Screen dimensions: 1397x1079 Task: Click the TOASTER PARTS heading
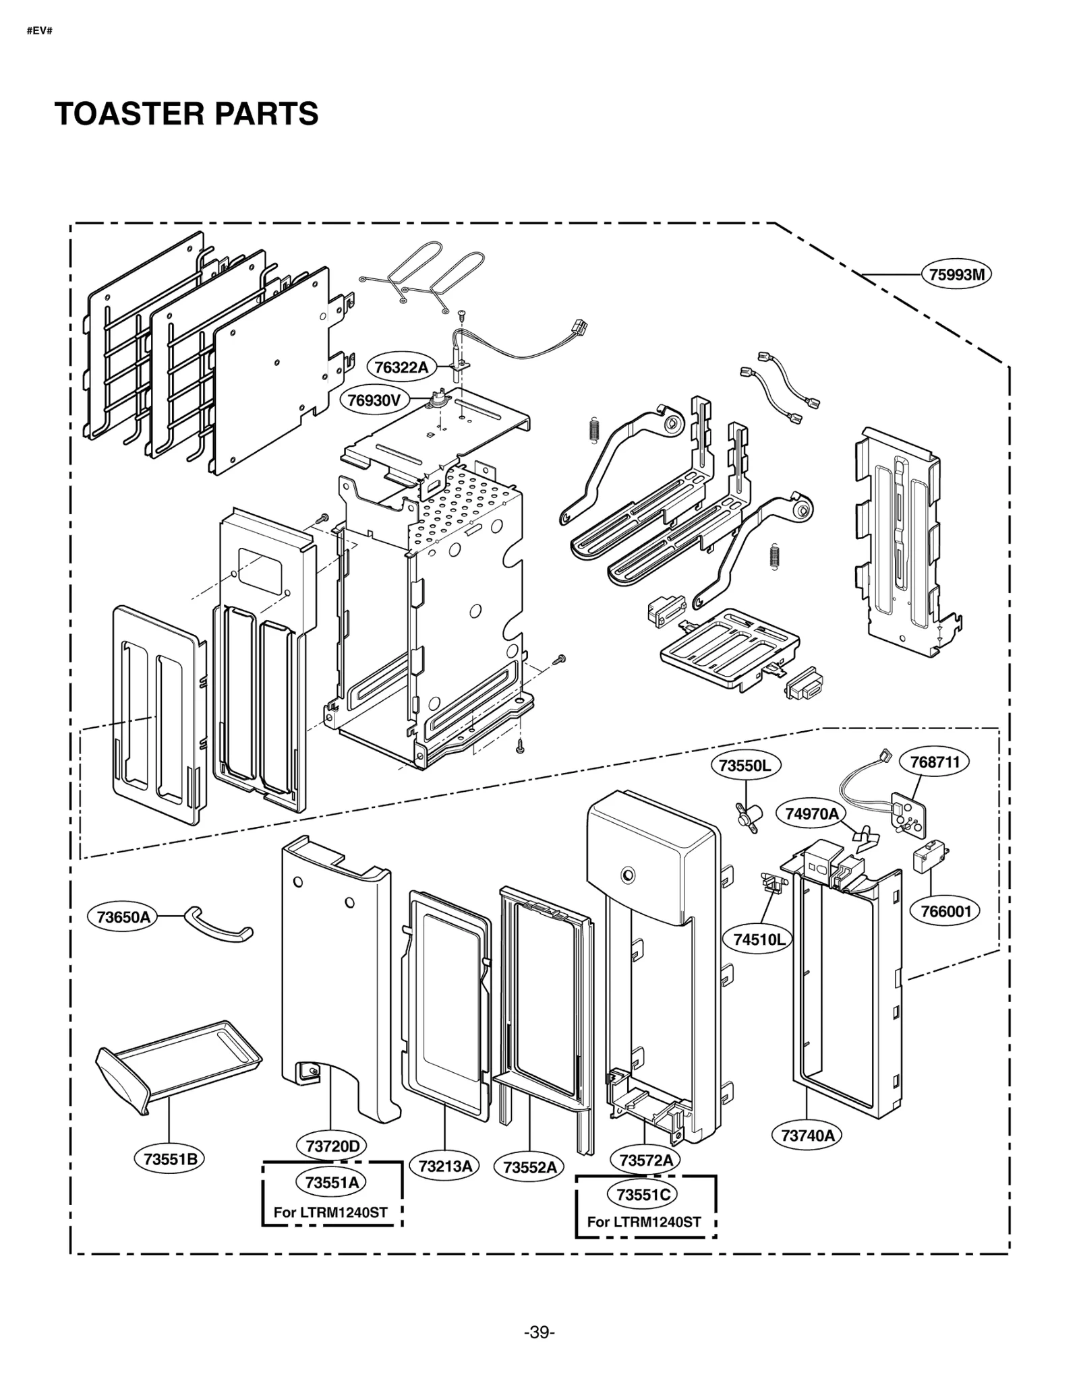(186, 113)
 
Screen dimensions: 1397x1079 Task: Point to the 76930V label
(374, 400)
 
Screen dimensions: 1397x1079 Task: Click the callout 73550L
(745, 766)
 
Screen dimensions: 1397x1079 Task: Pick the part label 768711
(934, 762)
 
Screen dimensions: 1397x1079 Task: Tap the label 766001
(945, 911)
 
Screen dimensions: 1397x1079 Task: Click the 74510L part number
(759, 939)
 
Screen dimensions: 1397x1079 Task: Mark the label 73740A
(807, 1136)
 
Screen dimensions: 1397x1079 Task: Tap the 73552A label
(529, 1167)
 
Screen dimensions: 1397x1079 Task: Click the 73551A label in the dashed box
(330, 1183)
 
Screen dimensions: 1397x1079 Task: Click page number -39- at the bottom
(539, 1332)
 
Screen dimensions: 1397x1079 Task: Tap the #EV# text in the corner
(39, 31)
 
